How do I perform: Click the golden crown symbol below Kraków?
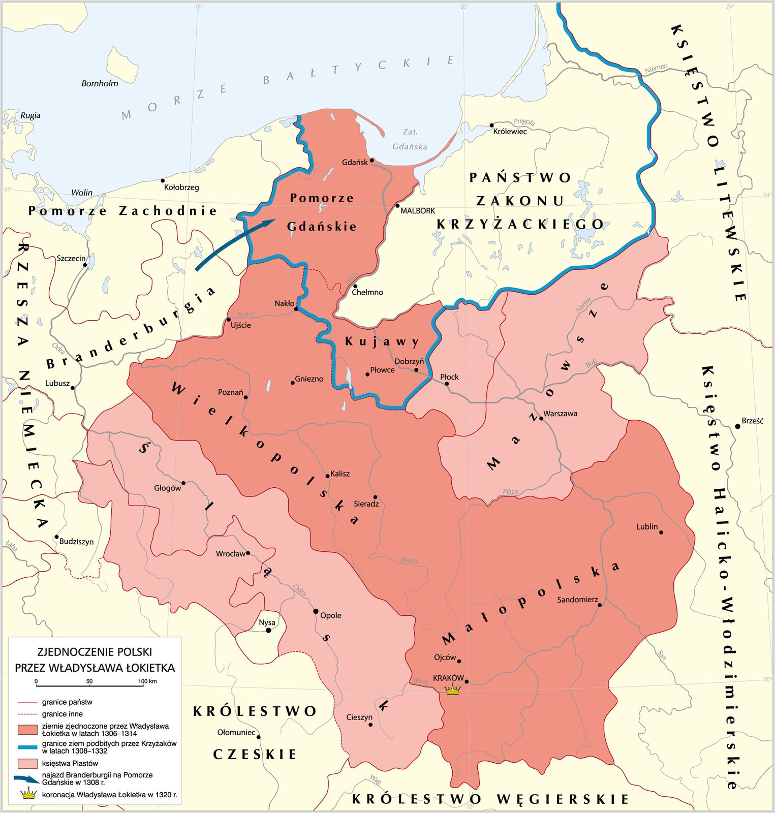click(452, 690)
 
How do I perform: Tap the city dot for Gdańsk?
click(371, 160)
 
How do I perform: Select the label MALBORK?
click(418, 210)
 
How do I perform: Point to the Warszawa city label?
click(560, 414)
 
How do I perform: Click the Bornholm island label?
click(100, 83)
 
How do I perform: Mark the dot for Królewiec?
click(491, 125)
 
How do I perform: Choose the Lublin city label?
click(646, 526)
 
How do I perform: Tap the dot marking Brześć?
click(737, 426)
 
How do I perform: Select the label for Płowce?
click(382, 370)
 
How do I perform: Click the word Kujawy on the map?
click(382, 342)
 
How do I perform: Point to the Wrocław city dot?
click(248, 553)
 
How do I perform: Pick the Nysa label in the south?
click(267, 622)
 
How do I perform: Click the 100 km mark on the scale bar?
click(147, 681)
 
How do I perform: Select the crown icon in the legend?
click(29, 794)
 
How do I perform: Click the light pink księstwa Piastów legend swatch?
click(27, 763)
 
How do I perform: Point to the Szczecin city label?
click(71, 258)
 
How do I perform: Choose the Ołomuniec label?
click(236, 732)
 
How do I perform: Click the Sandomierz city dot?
click(600, 605)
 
